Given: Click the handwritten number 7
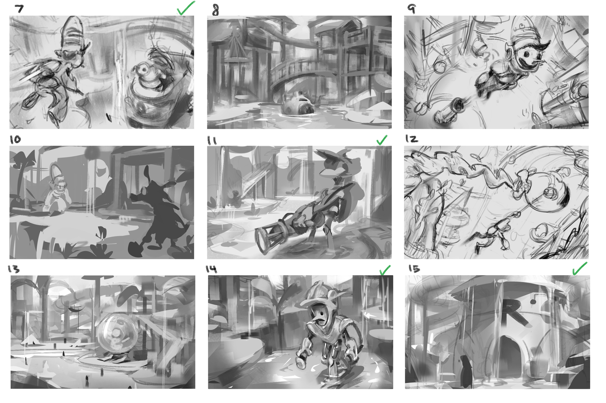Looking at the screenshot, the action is pos(19,9).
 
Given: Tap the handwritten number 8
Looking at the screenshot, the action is pos(215,10).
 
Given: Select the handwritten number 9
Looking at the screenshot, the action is pos(412,9).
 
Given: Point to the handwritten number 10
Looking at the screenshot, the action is pos(15,139).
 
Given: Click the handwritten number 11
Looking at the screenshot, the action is pos(212,141).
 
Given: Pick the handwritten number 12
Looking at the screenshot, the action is pos(412,139).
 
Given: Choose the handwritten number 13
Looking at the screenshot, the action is pos(14,269).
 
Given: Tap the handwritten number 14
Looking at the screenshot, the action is pos(211,269).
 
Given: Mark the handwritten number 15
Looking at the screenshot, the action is pos(414,268).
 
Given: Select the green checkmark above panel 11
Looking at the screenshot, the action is pos(382,140).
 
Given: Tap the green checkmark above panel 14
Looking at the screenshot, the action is pos(384,270).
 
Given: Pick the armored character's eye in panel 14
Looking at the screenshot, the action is pos(320,314).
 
